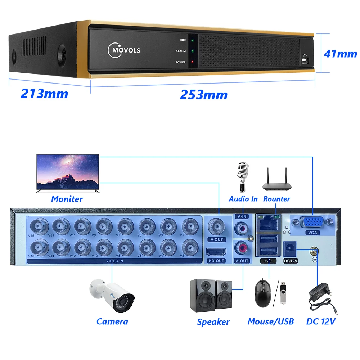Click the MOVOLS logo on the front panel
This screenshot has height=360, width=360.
point(124,50)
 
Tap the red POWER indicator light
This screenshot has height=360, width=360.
point(193,62)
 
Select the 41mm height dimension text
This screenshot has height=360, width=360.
point(340,54)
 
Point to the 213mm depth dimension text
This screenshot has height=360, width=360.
point(44,94)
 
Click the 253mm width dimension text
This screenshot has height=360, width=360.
point(204,95)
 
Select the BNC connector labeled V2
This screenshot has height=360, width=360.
point(189,247)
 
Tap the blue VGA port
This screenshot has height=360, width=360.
point(311,222)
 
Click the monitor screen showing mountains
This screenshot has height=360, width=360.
point(68,172)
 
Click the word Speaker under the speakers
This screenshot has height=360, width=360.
point(213,322)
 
